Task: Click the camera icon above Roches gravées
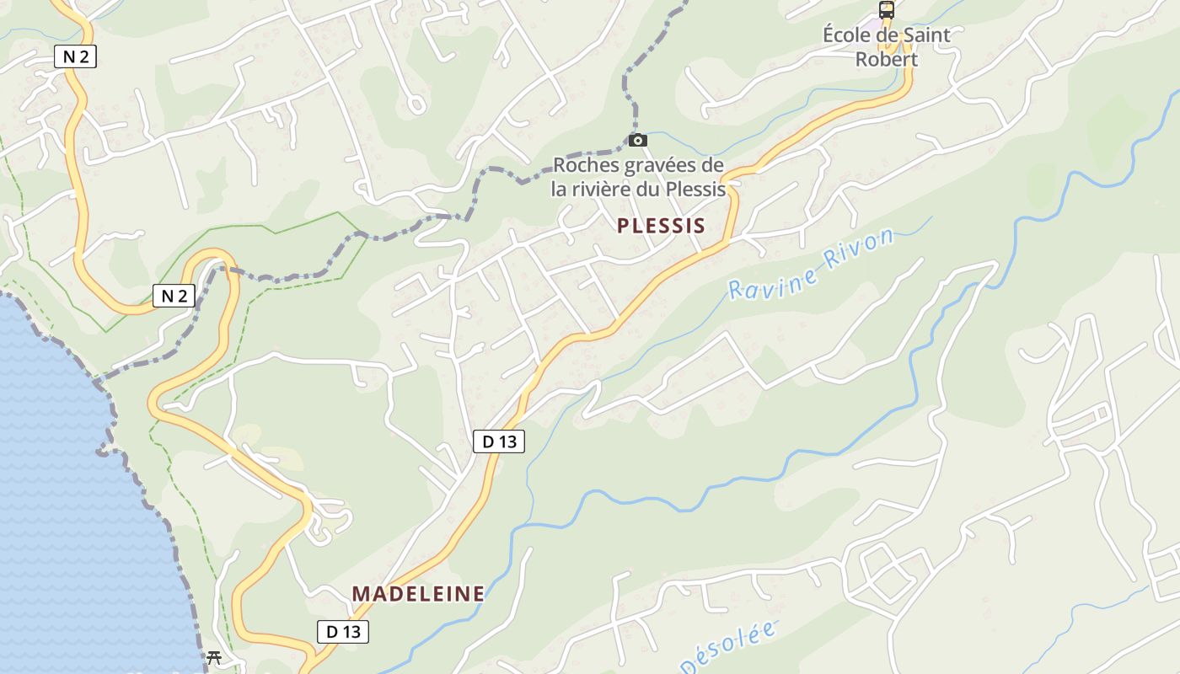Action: tap(638, 140)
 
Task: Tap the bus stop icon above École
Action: tap(886, 11)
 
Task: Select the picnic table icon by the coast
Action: tap(214, 657)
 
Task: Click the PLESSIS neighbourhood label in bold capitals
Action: tap(660, 226)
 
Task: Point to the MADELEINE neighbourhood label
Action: tap(418, 593)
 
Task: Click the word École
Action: tap(852, 35)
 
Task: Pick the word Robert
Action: tap(886, 59)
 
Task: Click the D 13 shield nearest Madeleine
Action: tap(343, 631)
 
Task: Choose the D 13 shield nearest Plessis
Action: tap(499, 441)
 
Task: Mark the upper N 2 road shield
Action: tap(76, 56)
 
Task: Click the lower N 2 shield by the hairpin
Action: tap(174, 295)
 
